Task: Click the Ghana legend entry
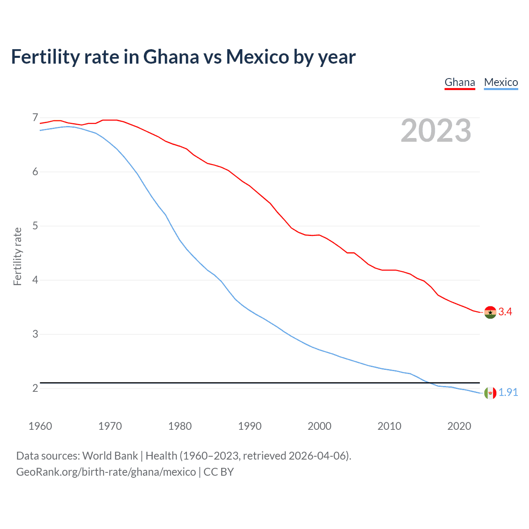pos(460,82)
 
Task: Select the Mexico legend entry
pos(501,82)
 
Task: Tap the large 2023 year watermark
pos(436,131)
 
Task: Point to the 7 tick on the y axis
pos(35,118)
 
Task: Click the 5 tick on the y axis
pos(35,226)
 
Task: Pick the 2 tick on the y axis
pos(35,388)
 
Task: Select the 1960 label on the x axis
pos(40,426)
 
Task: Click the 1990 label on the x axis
pos(250,426)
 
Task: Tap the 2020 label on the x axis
pos(459,426)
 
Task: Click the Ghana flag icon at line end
pos(490,312)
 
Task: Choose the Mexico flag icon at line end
pos(490,393)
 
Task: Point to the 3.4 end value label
pos(505,312)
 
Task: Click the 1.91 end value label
pos(508,393)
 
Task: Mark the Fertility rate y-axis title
pos(17,256)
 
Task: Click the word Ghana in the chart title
pos(171,57)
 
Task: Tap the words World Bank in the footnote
pos(110,456)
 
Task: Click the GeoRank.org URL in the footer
pos(106,472)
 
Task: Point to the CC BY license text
pos(219,472)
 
